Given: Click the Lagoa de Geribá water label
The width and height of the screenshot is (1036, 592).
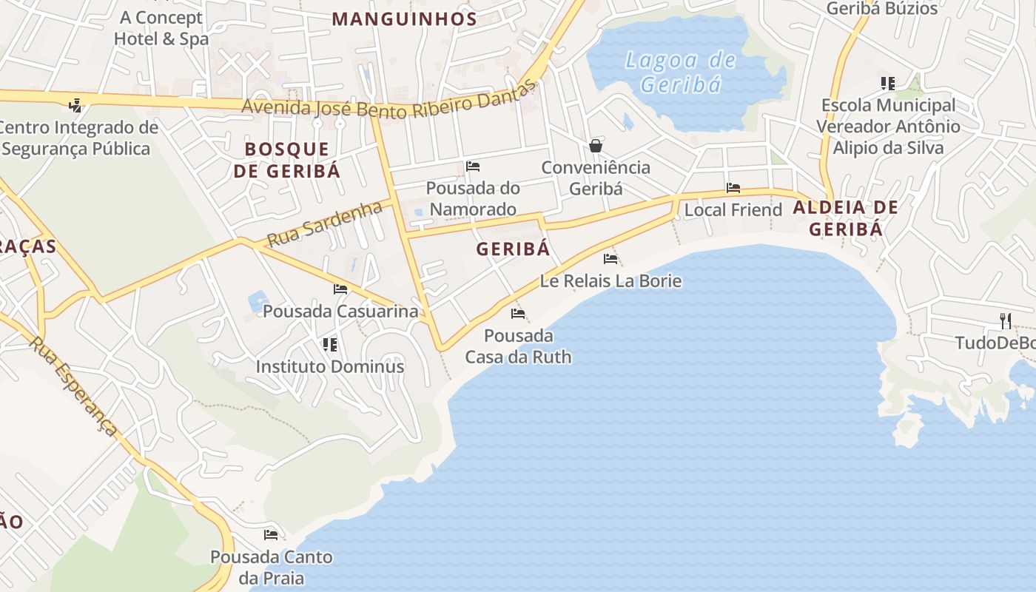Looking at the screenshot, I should (x=680, y=72).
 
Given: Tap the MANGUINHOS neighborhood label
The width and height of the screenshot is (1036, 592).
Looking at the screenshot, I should (x=404, y=19).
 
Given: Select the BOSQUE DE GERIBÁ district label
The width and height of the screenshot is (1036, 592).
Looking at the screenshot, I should (x=287, y=160).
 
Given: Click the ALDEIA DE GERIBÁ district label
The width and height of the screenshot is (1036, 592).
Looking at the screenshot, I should (x=846, y=218).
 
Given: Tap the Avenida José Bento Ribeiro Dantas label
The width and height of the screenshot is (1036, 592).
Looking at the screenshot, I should (x=388, y=102).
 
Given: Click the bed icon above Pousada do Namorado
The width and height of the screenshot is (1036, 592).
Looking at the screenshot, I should (x=473, y=166).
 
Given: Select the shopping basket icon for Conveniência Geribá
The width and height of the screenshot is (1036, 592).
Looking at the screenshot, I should (x=596, y=146).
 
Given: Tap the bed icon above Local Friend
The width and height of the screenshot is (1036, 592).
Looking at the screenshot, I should (x=733, y=188).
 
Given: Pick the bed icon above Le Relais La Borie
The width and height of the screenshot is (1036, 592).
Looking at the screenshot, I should (x=610, y=259).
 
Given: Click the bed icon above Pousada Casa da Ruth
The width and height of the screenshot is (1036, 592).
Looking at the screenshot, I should (x=518, y=314).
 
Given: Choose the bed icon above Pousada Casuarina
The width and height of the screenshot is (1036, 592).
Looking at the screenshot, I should (x=340, y=289).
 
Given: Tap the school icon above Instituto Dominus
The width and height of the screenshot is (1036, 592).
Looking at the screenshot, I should (x=330, y=345).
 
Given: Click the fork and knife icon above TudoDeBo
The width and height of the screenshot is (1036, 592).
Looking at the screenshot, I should (x=1005, y=320).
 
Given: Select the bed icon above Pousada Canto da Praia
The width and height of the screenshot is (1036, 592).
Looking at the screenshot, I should (x=271, y=534).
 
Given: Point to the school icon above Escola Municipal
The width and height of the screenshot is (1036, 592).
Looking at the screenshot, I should (x=888, y=84).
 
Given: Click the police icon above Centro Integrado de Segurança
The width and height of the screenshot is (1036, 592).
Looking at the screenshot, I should (x=75, y=105).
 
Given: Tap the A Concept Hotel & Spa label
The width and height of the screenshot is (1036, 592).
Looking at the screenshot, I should (x=161, y=28).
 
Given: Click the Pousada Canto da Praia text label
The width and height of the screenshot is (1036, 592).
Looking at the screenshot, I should (x=272, y=568).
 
